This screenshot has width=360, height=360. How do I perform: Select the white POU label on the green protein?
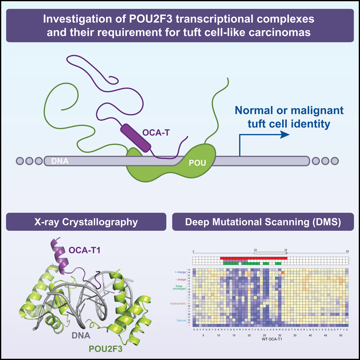pos(198,163)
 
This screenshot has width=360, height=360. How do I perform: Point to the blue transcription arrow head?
pos(285,134)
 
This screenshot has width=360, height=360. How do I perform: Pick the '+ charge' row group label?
pos(181,270)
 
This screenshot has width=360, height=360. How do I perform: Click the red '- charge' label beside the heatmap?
pos(182,279)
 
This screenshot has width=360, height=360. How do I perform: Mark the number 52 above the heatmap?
pos(347,250)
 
